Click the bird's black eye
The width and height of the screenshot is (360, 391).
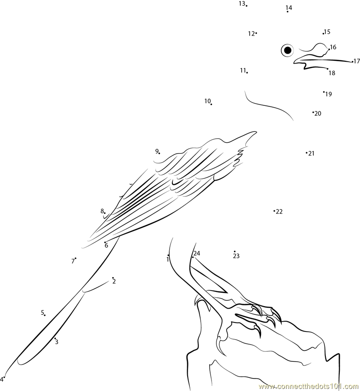[x=288, y=50]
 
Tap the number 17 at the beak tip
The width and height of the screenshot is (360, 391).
[x=357, y=61]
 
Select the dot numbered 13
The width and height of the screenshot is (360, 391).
[x=247, y=5]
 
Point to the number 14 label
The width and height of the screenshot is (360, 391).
[x=289, y=8]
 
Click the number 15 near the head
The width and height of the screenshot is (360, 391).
[x=327, y=32]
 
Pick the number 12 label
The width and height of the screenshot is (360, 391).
[x=251, y=33]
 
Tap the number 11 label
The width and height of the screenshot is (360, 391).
[x=243, y=71]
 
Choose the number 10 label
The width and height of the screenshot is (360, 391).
[x=207, y=101]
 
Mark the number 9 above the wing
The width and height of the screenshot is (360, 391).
[x=157, y=151]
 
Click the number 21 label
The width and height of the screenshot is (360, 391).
[x=311, y=153]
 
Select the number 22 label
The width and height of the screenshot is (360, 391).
[x=279, y=211]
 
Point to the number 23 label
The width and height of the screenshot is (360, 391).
[x=236, y=256]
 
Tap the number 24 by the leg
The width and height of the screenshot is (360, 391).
[x=197, y=253]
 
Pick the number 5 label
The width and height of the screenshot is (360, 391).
[x=42, y=313]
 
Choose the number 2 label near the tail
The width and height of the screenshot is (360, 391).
[x=114, y=282]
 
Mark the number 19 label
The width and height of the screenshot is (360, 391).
[x=328, y=94]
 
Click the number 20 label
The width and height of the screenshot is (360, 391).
[x=318, y=114]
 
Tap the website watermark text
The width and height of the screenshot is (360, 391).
[x=309, y=387]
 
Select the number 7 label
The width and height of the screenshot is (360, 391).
[x=73, y=261]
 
